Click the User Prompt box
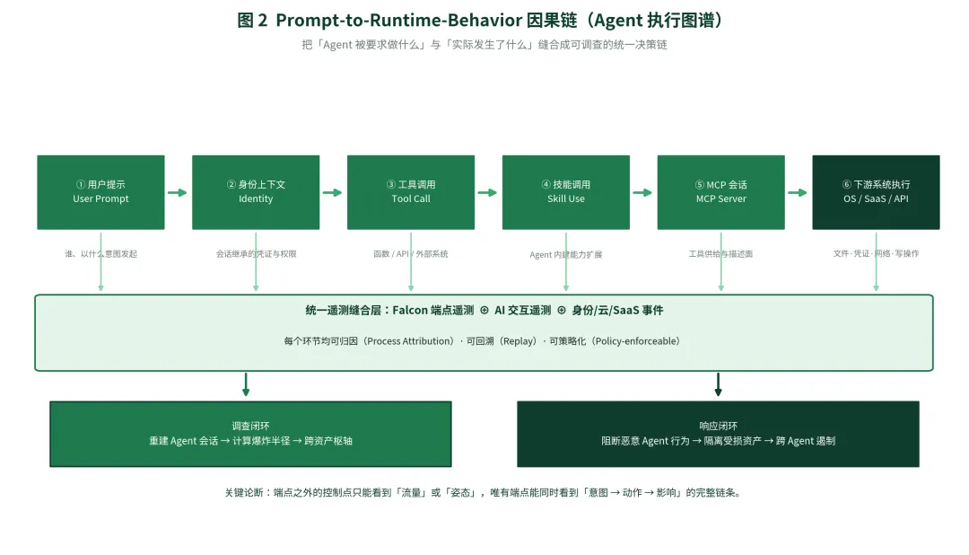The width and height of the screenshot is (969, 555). pyautogui.click(x=100, y=192)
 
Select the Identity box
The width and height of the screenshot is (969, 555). pyautogui.click(x=256, y=192)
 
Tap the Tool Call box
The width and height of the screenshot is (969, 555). pyautogui.click(x=411, y=192)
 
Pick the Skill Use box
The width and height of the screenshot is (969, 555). pyautogui.click(x=566, y=192)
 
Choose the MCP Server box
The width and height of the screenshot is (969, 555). pyautogui.click(x=721, y=192)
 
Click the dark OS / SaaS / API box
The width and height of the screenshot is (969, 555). pyautogui.click(x=877, y=192)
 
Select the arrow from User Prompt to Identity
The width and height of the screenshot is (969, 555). pyautogui.click(x=178, y=192)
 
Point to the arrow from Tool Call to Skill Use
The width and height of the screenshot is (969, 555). pyautogui.click(x=487, y=192)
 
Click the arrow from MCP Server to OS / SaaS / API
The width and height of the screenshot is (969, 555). pyautogui.click(x=798, y=192)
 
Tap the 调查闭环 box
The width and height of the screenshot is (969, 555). pyautogui.click(x=251, y=434)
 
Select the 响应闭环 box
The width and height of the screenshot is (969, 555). pyautogui.click(x=718, y=434)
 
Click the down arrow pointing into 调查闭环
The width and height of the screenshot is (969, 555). pyautogui.click(x=246, y=384)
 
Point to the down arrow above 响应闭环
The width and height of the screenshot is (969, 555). pyautogui.click(x=718, y=384)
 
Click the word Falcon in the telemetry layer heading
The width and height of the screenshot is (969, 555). pyautogui.click(x=410, y=310)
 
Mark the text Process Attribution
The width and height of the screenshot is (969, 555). pyautogui.click(x=409, y=341)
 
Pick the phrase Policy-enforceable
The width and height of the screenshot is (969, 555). pyautogui.click(x=637, y=341)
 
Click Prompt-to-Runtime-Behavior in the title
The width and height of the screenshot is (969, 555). pyautogui.click(x=399, y=21)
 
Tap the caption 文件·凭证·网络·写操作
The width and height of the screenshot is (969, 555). pyautogui.click(x=877, y=253)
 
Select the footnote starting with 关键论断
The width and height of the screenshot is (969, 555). pyautogui.click(x=483, y=492)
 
